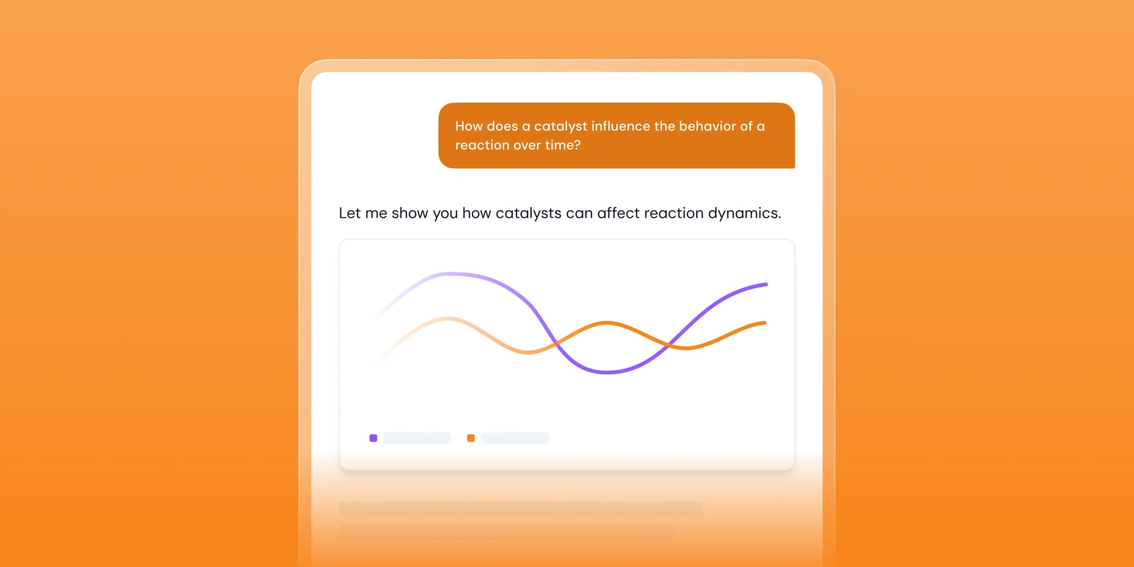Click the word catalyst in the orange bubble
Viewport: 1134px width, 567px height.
click(x=560, y=127)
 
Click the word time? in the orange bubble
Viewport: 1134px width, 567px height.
click(x=563, y=145)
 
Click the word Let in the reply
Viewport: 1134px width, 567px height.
click(x=349, y=213)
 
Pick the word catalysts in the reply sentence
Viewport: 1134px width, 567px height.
click(x=528, y=214)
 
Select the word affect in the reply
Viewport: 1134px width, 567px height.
click(x=618, y=213)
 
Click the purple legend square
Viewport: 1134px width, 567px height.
click(x=373, y=438)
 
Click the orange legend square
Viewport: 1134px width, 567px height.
click(x=471, y=438)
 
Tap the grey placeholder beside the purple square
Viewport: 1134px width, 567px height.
click(x=417, y=438)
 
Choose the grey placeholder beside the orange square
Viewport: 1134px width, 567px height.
click(x=515, y=438)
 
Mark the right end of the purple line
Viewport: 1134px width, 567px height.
click(x=766, y=285)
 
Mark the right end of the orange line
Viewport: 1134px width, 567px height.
click(x=765, y=323)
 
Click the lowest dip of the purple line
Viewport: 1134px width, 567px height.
click(x=607, y=372)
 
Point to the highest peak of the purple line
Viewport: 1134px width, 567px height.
click(x=451, y=274)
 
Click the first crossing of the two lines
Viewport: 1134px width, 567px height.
click(x=556, y=344)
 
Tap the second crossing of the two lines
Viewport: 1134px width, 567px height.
click(x=669, y=344)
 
